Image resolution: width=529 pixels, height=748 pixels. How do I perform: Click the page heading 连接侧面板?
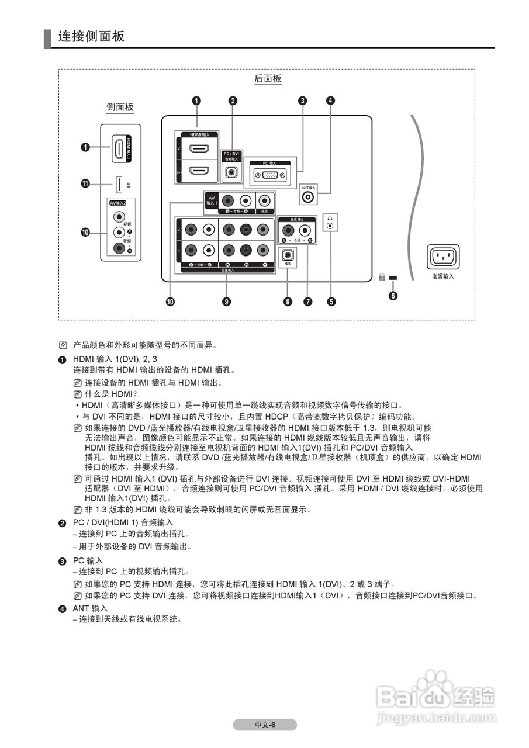91,36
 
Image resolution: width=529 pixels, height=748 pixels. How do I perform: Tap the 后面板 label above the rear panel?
268,79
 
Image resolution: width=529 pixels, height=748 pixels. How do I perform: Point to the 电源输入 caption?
442,276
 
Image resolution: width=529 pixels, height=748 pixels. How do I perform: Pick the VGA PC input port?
269,175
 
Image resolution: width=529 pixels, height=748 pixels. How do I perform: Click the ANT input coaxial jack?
308,198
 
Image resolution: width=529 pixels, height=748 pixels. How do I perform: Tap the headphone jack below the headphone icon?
330,226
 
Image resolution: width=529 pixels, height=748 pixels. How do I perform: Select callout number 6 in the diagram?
393,295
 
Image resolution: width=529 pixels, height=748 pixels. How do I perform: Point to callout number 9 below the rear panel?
226,302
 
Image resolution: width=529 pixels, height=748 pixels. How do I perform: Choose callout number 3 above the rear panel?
302,101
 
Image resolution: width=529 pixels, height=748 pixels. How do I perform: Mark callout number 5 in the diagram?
331,302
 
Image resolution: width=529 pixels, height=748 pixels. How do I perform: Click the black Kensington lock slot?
392,276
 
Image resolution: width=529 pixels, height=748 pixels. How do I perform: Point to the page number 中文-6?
265,725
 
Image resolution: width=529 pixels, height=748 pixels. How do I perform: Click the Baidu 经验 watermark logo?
435,696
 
